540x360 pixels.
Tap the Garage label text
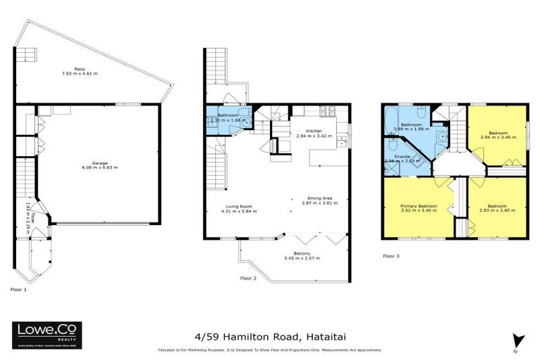point(100,162)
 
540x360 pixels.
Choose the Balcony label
point(302,253)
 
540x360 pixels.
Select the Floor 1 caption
point(19,290)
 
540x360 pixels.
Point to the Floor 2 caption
point(249,278)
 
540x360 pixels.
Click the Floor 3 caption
point(391,256)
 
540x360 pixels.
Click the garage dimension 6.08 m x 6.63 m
point(100,168)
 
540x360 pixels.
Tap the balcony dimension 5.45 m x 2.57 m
point(302,258)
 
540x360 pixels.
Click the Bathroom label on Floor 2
point(229,115)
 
